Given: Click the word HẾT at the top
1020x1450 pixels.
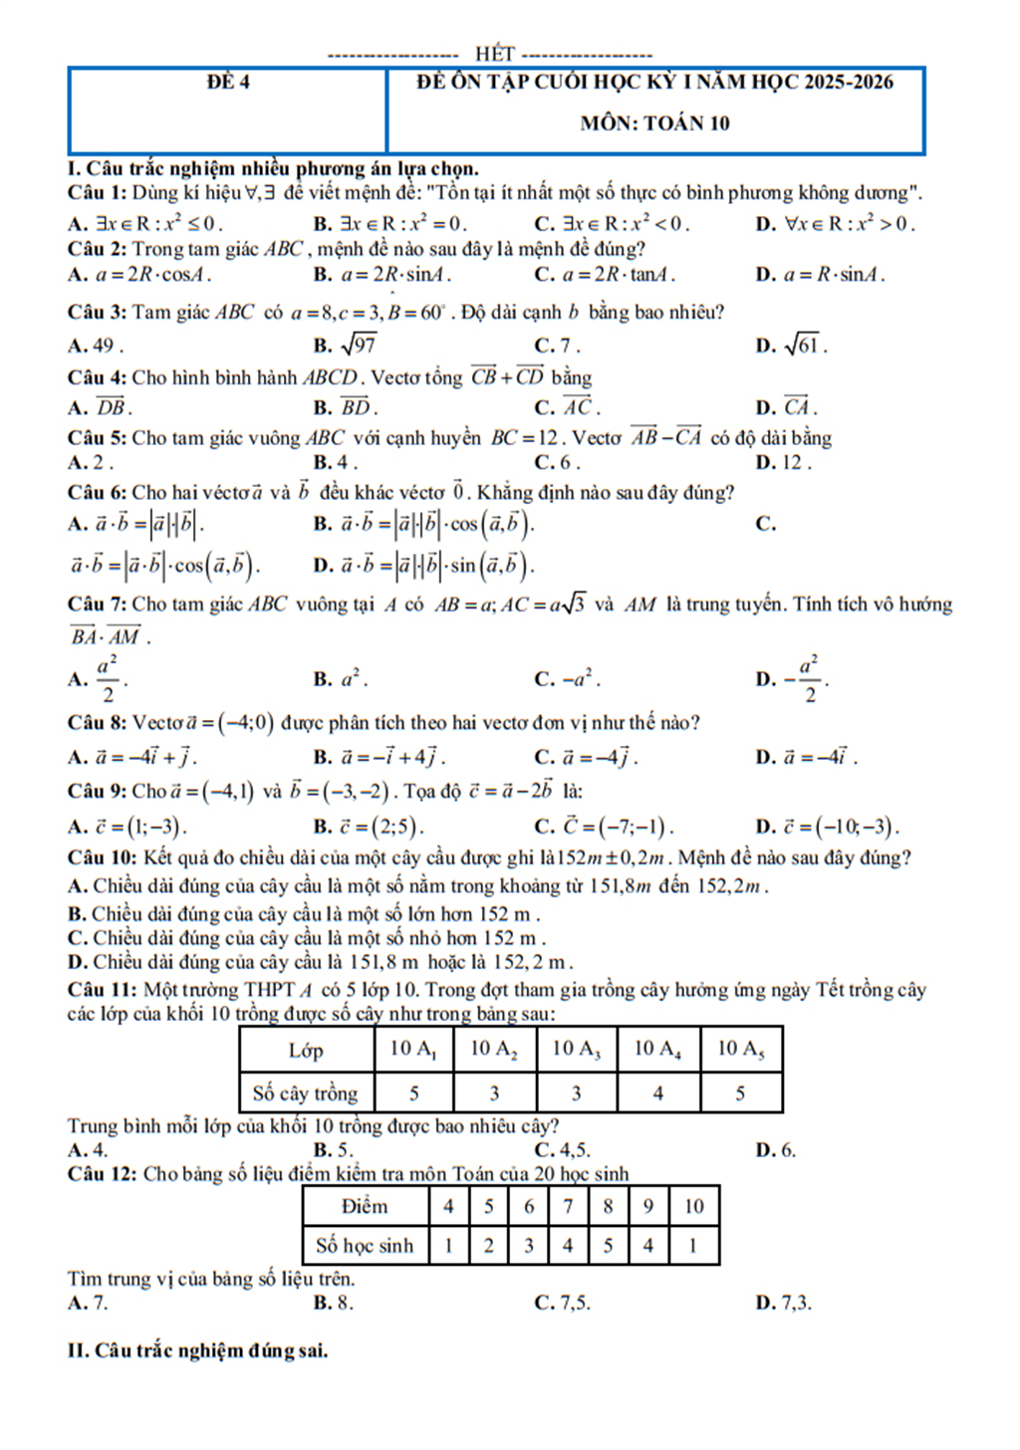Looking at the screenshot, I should (x=494, y=54).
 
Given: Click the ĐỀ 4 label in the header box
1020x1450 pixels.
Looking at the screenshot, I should (x=228, y=83).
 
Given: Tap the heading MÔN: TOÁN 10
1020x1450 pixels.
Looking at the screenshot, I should (x=654, y=123).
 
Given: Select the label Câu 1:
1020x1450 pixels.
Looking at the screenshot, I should (x=97, y=192).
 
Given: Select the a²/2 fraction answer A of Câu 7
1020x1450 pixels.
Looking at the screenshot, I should (x=107, y=678).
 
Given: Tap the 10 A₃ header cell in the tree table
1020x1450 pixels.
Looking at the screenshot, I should (x=576, y=1049).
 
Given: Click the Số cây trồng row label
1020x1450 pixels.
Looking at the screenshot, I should (x=305, y=1092).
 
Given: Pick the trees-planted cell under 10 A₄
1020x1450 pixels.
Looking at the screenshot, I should (x=657, y=1092).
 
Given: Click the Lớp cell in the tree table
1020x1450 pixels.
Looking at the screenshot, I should (x=305, y=1050).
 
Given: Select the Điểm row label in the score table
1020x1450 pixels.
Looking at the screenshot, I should (x=365, y=1206).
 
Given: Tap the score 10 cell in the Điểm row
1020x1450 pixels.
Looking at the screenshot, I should (x=693, y=1206).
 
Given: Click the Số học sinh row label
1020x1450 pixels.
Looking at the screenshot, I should (x=365, y=1245).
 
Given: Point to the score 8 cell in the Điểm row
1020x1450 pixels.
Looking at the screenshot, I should (x=608, y=1206).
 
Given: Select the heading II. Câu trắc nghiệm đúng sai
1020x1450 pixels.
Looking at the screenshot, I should (x=197, y=1350).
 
